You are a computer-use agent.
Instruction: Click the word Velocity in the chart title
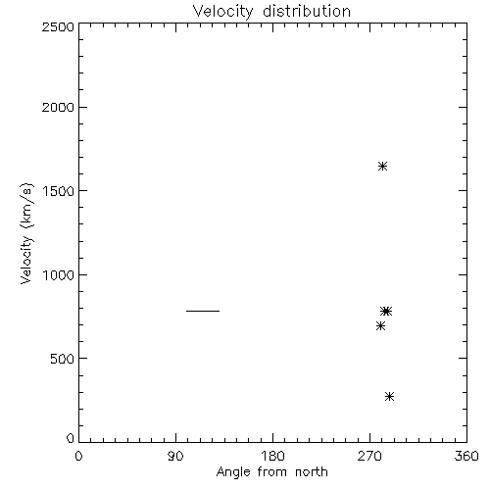223,12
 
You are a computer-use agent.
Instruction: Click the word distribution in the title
307,11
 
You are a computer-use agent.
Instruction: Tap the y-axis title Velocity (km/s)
26,233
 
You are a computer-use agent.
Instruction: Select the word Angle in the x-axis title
233,472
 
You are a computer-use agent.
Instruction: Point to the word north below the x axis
312,471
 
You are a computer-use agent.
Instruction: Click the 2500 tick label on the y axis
58,26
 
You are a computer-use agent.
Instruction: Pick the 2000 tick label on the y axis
58,107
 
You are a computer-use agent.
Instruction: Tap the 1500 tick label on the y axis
59,191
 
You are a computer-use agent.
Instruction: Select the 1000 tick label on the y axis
59,275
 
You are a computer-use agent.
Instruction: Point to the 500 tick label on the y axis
63,359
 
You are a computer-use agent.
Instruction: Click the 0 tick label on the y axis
71,438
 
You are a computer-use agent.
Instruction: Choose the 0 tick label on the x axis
78,456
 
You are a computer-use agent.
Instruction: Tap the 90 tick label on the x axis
175,456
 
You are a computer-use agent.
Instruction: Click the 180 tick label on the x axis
272,456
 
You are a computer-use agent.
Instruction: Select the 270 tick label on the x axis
369,456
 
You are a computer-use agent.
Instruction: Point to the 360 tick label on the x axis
466,456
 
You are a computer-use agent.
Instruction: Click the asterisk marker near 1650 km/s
383,167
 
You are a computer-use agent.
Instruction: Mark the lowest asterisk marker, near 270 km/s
389,397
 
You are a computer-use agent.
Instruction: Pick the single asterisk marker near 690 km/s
380,325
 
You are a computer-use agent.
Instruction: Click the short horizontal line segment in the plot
203,311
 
